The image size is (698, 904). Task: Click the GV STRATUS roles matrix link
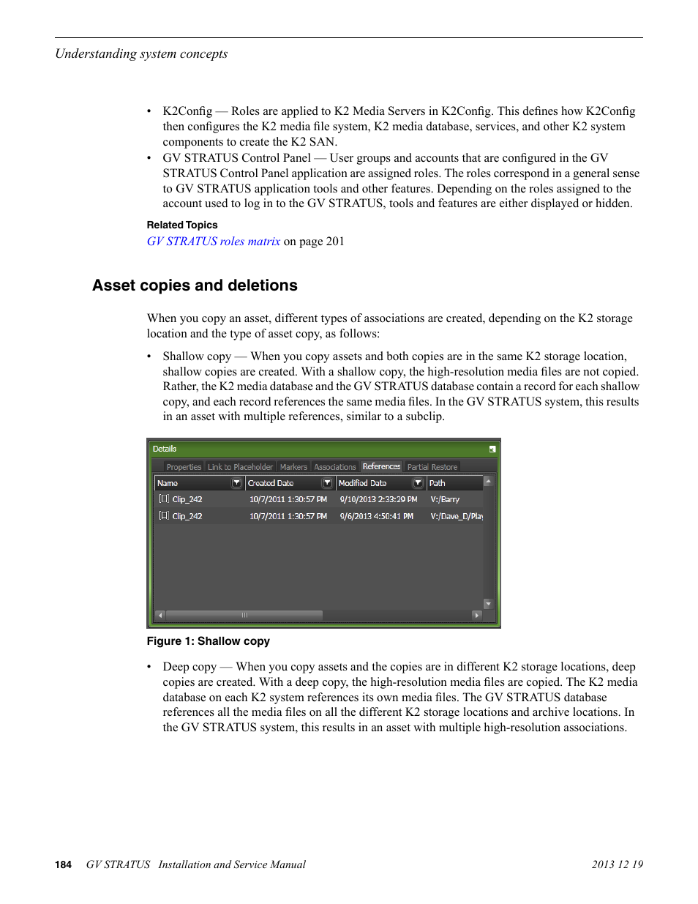coord(214,242)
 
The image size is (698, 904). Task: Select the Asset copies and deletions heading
coord(195,285)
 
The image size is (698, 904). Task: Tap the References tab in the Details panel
coord(381,466)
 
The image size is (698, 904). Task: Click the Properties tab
coord(184,467)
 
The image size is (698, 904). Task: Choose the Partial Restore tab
coord(432,467)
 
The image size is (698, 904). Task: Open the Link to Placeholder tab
coord(240,467)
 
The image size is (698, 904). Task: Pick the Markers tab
coord(293,467)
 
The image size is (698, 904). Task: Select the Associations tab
coord(334,467)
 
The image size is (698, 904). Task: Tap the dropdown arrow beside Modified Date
coord(418,483)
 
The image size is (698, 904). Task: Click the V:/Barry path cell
coord(445,499)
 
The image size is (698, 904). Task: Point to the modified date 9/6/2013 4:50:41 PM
coord(376,516)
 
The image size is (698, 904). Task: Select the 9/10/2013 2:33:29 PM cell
coord(378,499)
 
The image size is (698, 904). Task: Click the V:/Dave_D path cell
coord(456,516)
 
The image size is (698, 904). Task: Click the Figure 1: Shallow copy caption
coord(209,641)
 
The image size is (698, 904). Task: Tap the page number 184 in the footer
coord(63,864)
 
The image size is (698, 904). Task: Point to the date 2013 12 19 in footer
coord(617,864)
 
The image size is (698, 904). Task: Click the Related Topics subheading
coord(182,225)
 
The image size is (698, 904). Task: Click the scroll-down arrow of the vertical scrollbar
coord(488,604)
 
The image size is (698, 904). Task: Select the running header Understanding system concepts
coord(141,53)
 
